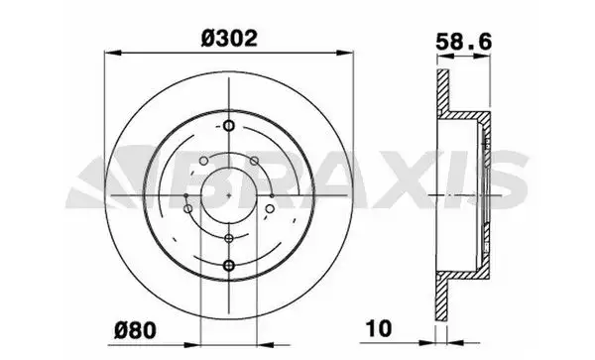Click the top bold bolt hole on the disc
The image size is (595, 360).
229,126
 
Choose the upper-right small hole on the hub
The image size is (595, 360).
258,164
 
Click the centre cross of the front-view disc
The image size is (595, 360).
229,195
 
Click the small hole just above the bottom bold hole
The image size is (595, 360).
229,238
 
